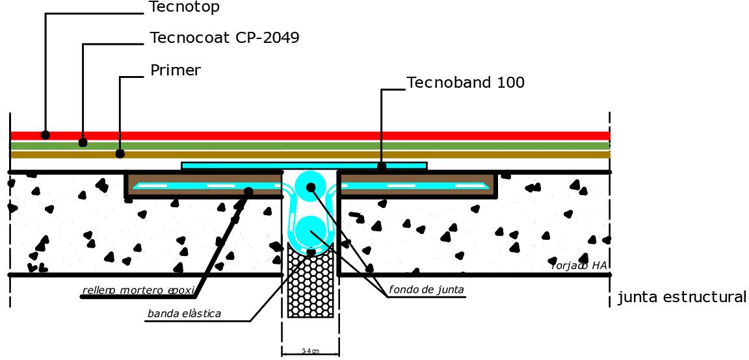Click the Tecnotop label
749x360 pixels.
click(184, 8)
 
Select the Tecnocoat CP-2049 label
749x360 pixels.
click(224, 38)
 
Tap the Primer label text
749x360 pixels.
click(175, 70)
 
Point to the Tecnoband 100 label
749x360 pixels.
click(465, 83)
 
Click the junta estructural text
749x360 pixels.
click(681, 298)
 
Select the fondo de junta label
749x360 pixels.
click(427, 290)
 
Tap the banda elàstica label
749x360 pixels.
click(184, 314)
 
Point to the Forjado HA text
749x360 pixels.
click(578, 264)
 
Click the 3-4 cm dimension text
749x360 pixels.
click(310, 351)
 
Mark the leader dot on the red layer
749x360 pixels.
click(46, 135)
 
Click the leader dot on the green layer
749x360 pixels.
click(83, 142)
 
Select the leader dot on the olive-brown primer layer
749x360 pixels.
click(120, 153)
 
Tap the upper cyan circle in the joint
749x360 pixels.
click(310, 187)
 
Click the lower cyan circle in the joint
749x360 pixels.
click(310, 231)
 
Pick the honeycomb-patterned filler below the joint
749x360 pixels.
click(310, 283)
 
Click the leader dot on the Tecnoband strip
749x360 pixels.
click(382, 166)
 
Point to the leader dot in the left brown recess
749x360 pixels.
click(248, 191)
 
